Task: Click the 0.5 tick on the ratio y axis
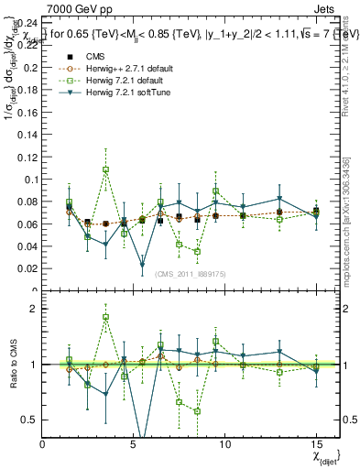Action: click(30, 420)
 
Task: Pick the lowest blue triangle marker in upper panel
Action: click(142, 265)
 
